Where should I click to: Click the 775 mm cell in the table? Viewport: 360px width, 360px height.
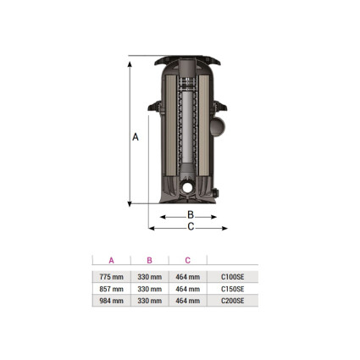point(111,277)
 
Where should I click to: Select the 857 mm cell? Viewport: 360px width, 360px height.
point(111,289)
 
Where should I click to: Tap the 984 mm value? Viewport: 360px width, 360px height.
point(111,301)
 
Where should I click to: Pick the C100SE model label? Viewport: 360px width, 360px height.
point(232,277)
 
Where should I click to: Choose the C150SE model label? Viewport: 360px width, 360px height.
point(232,289)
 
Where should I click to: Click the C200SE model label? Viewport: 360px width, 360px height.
point(232,301)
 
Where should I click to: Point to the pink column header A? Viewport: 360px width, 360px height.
point(111,260)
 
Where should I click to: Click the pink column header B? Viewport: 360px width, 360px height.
point(149,260)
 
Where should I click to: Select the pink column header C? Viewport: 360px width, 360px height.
point(188,260)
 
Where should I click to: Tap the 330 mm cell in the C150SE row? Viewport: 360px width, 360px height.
point(149,289)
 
